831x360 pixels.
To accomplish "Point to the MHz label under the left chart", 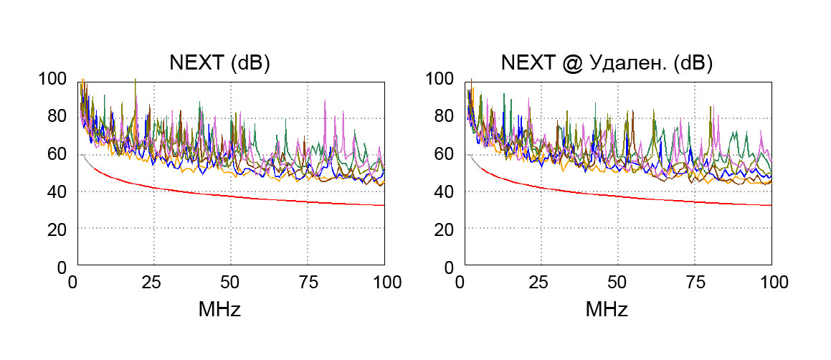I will pyautogui.click(x=219, y=311).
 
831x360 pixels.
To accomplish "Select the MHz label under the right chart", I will pyautogui.click(x=607, y=311).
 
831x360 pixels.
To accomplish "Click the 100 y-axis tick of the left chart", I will pyautogui.click(x=52, y=79).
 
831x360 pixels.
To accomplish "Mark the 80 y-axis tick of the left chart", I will pyautogui.click(x=56, y=116).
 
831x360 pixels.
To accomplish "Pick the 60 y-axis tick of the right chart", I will pyautogui.click(x=444, y=154).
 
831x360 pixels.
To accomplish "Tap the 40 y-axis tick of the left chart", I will pyautogui.click(x=56, y=191).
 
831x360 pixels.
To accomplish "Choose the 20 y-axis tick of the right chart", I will pyautogui.click(x=444, y=229).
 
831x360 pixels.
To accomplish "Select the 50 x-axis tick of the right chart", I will pyautogui.click(x=617, y=282).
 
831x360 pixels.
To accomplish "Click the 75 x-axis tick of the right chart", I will pyautogui.click(x=695, y=282).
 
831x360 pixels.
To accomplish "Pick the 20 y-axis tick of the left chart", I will pyautogui.click(x=56, y=229).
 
